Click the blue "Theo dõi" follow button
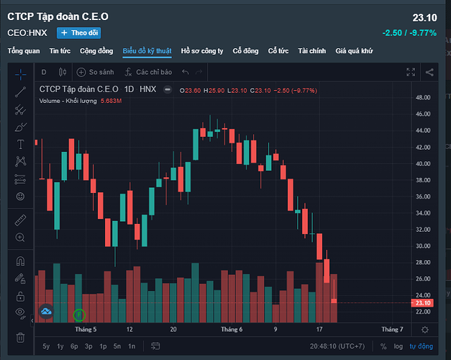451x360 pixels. point(78,32)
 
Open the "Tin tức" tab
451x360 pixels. point(60,51)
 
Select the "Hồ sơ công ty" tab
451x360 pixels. point(202,51)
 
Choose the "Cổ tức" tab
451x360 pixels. point(278,51)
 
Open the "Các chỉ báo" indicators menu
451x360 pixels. point(148,72)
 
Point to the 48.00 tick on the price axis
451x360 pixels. point(423,98)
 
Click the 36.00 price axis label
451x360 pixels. point(423,197)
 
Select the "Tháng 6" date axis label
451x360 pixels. point(232,329)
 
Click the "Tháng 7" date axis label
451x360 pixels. point(391,329)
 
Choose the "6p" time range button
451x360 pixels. point(74,346)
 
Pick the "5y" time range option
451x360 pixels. point(46,346)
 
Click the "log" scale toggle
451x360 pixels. point(398,346)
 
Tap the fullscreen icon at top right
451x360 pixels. point(411,72)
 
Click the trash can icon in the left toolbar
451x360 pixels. point(20,337)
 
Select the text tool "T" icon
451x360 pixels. point(20,145)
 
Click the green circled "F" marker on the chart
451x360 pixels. point(79,314)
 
